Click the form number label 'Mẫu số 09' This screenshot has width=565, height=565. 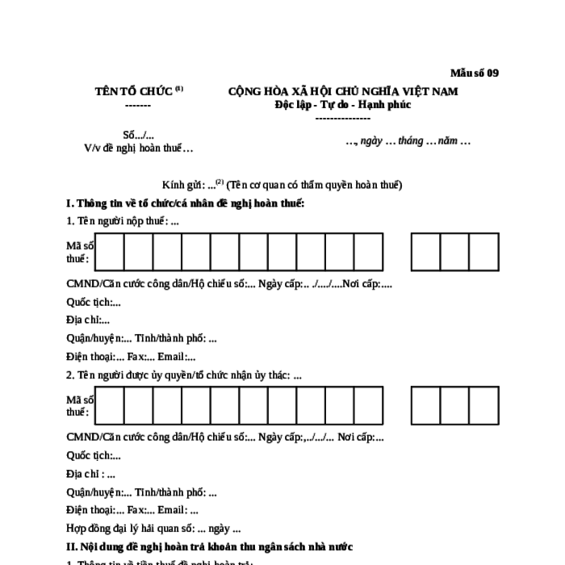coord(474,73)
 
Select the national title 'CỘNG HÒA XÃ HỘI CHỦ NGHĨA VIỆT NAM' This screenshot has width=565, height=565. coord(343,91)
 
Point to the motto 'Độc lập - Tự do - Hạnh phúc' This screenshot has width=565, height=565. coord(342,105)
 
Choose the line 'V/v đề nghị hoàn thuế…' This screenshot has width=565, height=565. coord(139,148)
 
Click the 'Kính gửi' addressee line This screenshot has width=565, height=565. coord(282,184)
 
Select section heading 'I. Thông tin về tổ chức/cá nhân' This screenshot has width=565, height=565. coord(186,203)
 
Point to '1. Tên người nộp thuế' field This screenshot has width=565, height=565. coord(123,220)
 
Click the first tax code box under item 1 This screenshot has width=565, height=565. coord(109,252)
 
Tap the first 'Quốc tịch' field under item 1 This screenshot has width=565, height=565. coord(94,302)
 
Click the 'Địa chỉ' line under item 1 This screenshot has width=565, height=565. coord(88,320)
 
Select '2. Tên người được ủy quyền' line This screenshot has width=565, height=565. coord(184,375)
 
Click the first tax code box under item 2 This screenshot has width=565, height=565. coord(109,406)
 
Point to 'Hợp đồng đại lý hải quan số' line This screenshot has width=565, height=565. coord(153,529)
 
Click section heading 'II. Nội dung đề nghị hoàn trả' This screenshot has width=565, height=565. coord(210,546)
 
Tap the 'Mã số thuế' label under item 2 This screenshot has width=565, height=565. coord(79,406)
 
